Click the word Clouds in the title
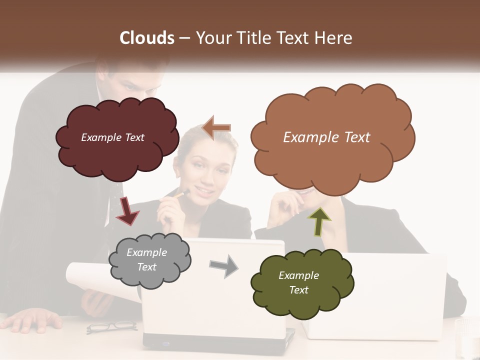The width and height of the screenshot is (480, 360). point(147,38)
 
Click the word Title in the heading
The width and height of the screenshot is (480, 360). point(255,38)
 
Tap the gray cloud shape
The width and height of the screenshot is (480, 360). point(150,260)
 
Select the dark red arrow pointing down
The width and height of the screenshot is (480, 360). point(127,210)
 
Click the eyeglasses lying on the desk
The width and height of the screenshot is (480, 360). point(111,327)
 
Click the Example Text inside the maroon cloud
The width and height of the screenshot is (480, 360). point(112,137)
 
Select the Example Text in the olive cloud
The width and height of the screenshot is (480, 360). point(298,282)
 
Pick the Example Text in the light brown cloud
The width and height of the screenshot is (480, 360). point(326,137)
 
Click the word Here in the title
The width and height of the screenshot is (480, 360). point(335,38)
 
